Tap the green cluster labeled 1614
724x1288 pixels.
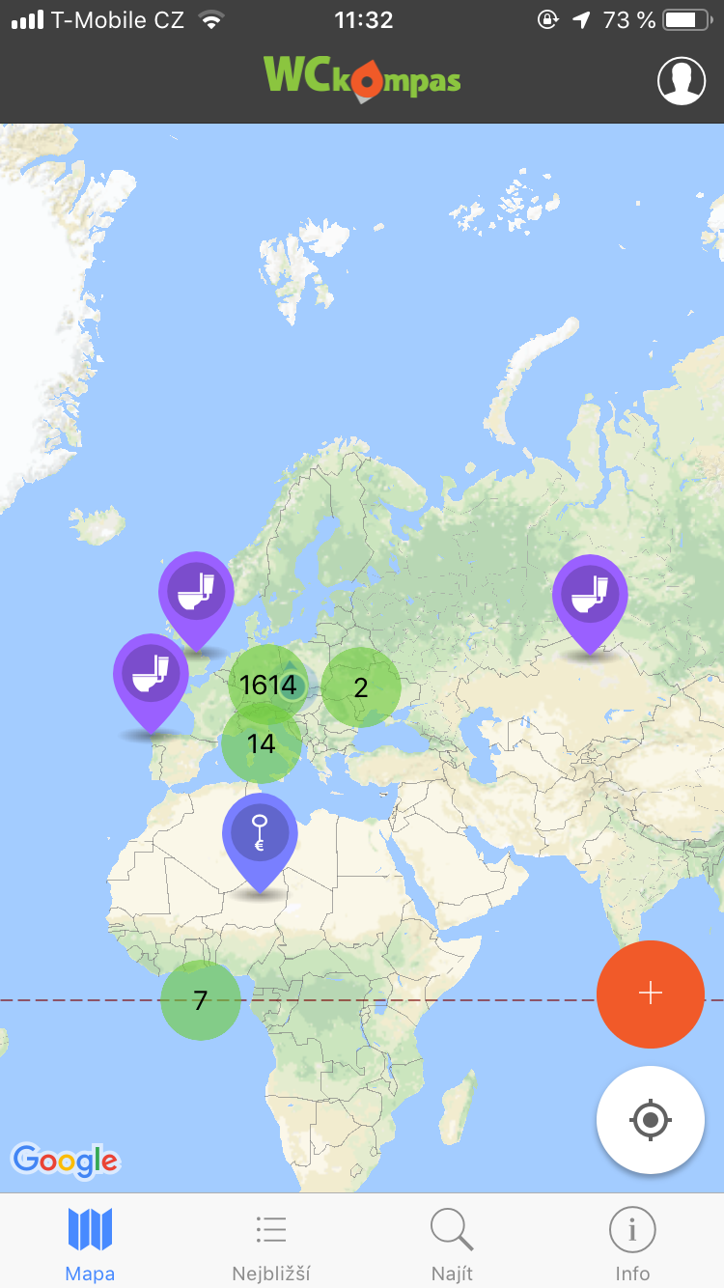click(267, 685)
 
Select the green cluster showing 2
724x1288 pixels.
click(360, 687)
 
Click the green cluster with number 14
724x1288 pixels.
click(261, 743)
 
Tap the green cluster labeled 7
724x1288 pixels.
click(200, 1000)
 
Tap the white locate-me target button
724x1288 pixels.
click(651, 1120)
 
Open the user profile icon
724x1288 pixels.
click(682, 80)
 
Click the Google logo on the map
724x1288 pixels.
click(65, 1161)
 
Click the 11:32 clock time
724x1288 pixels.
click(363, 20)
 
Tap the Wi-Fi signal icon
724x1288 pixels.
click(209, 20)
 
